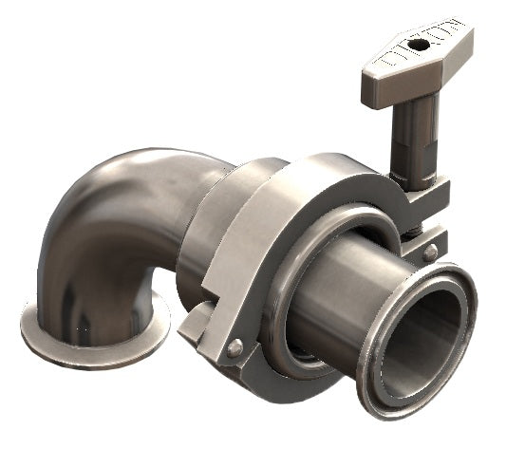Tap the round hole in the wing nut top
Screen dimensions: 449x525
pyautogui.click(x=416, y=45)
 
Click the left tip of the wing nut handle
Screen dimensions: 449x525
pyautogui.click(x=369, y=91)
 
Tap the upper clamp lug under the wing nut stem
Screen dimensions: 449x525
pyautogui.click(x=427, y=195)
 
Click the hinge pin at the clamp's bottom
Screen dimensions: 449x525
pyautogui.click(x=234, y=347)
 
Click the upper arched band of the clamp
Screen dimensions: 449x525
pyautogui.click(x=313, y=176)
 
